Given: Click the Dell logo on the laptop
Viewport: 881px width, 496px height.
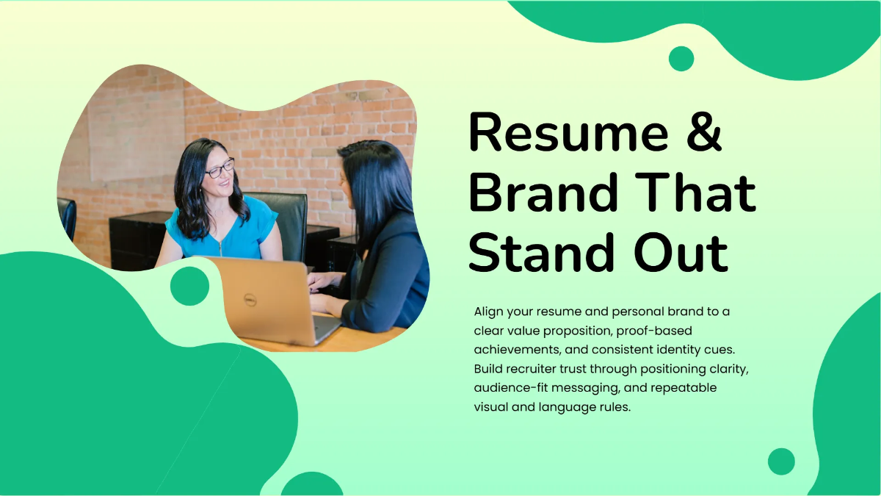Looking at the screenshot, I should (x=250, y=300).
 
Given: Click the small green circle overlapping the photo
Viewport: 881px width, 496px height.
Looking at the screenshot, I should (x=189, y=286).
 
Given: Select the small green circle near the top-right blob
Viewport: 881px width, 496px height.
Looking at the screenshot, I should (x=681, y=59).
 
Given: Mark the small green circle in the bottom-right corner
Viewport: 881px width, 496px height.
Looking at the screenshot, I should (x=781, y=461).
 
